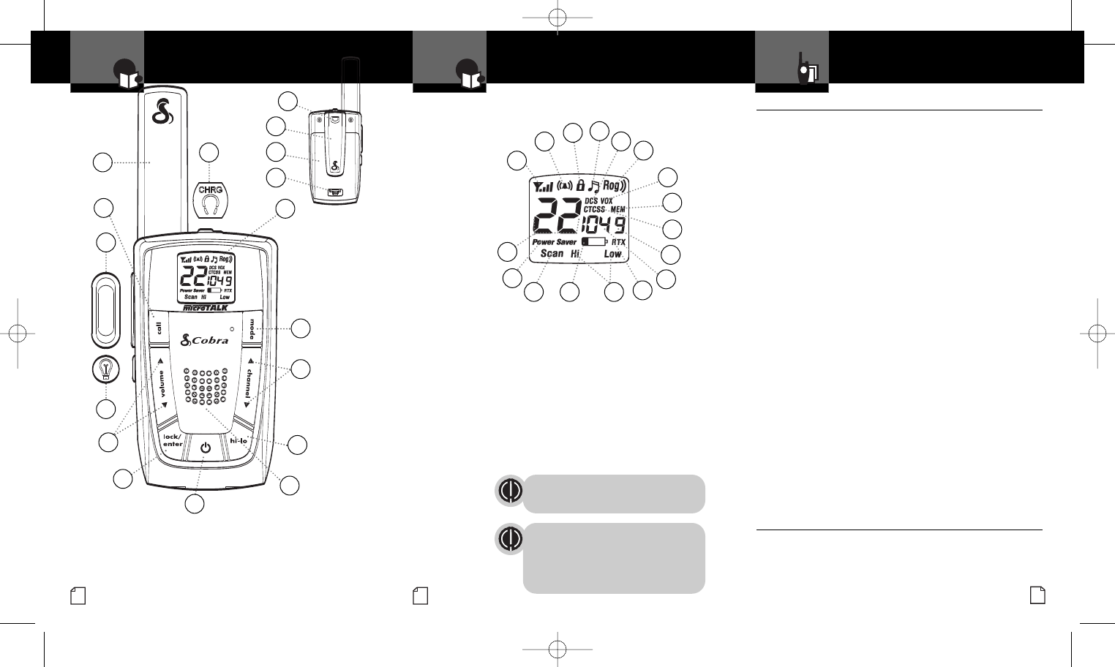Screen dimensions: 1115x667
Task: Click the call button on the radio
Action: pos(159,327)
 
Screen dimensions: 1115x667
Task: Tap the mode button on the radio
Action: pos(252,328)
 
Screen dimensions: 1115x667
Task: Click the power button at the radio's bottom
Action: pos(205,447)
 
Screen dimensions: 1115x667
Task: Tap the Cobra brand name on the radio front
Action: pos(206,340)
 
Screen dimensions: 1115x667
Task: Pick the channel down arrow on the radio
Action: pos(247,404)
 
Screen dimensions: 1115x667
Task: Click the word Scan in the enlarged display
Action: pos(552,254)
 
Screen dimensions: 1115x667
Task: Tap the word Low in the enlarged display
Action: pos(612,254)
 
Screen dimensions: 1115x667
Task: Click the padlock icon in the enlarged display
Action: pos(580,185)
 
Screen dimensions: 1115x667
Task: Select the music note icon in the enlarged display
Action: pos(594,186)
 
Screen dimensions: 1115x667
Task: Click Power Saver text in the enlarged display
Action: pos(554,242)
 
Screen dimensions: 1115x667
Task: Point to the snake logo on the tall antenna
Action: pos(160,112)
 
